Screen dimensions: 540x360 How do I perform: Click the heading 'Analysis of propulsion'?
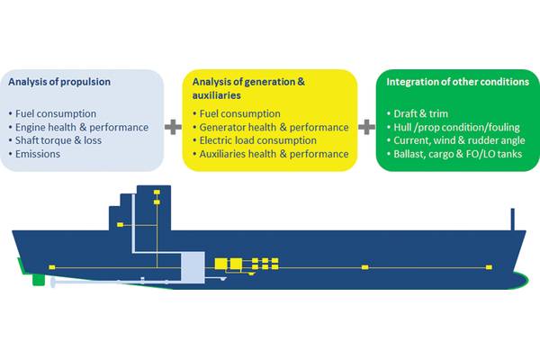point(59,82)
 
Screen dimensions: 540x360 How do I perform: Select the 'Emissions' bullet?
point(38,154)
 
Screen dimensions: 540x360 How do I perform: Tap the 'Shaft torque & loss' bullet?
point(58,140)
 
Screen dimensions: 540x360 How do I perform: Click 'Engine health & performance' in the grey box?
point(82,128)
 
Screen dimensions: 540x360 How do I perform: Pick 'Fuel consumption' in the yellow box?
point(239,113)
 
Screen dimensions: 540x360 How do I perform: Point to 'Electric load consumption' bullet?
point(257,140)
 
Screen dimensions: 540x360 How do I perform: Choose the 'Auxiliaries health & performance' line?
point(274,154)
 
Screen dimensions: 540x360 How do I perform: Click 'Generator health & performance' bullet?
point(274,128)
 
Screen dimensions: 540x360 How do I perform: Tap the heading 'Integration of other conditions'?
point(458,82)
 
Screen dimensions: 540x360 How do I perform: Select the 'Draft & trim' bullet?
point(421,113)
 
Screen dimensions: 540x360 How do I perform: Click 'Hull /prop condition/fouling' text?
point(456,128)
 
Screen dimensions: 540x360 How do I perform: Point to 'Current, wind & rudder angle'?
point(459,140)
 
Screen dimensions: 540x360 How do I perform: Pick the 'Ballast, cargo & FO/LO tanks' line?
point(458,154)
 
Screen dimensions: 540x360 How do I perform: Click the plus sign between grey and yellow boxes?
point(173,127)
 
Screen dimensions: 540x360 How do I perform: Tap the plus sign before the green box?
point(367,127)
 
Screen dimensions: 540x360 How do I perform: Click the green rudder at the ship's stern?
point(39,280)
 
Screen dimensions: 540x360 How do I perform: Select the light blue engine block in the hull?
point(193,267)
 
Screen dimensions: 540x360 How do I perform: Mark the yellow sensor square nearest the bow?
point(489,267)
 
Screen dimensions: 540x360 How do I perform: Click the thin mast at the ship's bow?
point(512,219)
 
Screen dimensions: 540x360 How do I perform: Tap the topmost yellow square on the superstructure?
point(157,193)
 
